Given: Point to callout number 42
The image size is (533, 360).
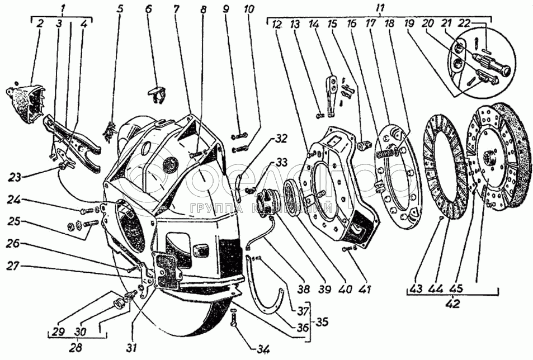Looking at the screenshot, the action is (x=451, y=305).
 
